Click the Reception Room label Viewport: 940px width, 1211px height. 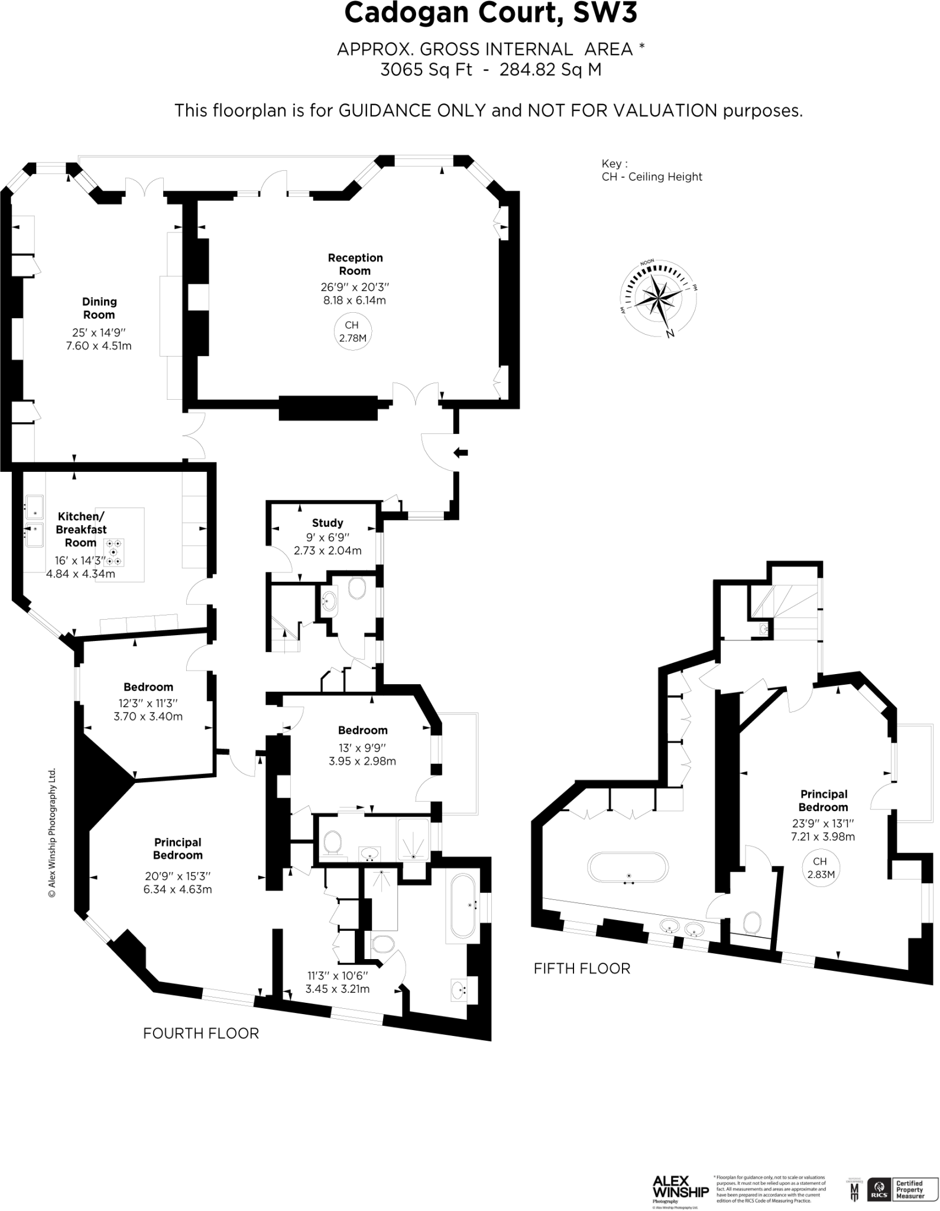(x=355, y=264)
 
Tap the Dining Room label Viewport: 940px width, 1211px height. (x=99, y=308)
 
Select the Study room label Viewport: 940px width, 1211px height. (x=328, y=523)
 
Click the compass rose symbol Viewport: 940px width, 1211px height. (x=657, y=299)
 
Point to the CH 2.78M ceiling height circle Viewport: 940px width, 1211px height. (x=352, y=332)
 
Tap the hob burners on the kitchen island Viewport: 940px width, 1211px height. (x=114, y=552)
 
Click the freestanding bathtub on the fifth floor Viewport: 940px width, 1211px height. (x=628, y=868)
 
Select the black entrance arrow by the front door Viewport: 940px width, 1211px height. (x=461, y=453)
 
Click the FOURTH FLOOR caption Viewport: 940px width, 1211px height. (x=201, y=1034)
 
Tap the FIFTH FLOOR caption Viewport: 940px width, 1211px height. (x=582, y=969)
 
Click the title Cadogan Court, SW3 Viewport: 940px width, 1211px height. (x=491, y=13)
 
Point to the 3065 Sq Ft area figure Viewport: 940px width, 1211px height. (x=426, y=70)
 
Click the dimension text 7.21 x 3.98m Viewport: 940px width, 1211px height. (x=823, y=837)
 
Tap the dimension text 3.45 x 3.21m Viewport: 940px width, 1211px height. (x=337, y=989)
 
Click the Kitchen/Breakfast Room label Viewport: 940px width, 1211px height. (x=81, y=529)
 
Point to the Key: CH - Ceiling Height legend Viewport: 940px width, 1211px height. (x=651, y=170)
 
